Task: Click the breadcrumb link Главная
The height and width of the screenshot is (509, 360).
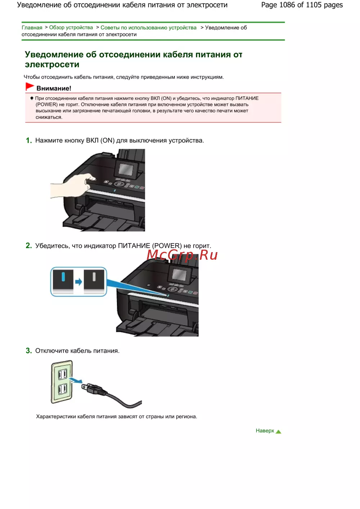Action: pos(32,27)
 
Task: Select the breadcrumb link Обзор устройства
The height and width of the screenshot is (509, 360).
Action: pos(71,27)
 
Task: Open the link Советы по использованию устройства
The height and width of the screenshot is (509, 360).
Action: pos(149,27)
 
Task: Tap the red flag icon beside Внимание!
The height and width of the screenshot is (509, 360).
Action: pos(30,87)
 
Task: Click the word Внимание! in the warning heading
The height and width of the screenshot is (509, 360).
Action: pos(54,88)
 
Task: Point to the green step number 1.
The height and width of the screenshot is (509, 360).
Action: pos(29,140)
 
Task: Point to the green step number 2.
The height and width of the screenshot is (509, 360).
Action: pos(29,245)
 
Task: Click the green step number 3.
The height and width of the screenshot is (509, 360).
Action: pos(29,351)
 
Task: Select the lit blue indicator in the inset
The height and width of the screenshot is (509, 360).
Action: pos(63,277)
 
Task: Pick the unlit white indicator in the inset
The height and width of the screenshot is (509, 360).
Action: pos(94,277)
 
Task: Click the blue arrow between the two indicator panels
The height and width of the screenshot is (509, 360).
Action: pos(78,282)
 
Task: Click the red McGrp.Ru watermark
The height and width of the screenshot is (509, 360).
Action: pos(182,255)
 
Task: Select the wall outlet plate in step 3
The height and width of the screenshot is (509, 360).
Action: pos(62,382)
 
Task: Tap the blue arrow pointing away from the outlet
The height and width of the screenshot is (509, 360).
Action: pos(76,380)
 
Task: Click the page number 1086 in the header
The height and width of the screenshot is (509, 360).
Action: pos(287,5)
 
